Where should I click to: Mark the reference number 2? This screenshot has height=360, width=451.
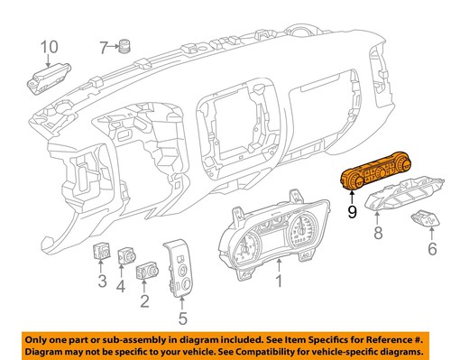(143, 299)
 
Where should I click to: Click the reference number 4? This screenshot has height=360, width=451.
(120, 288)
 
